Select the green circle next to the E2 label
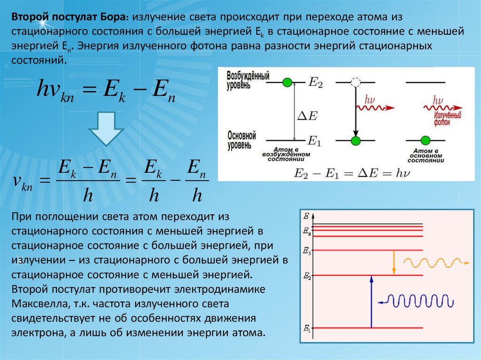tap(287, 83)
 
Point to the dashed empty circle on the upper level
tap(356, 83)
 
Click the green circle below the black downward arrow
tap(356, 140)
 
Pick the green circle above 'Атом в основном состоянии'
tap(426, 140)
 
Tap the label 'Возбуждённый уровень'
tap(248, 80)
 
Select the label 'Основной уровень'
tap(241, 140)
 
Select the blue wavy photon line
tap(418, 301)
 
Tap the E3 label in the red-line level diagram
tap(307, 252)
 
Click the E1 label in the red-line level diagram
tap(307, 329)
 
